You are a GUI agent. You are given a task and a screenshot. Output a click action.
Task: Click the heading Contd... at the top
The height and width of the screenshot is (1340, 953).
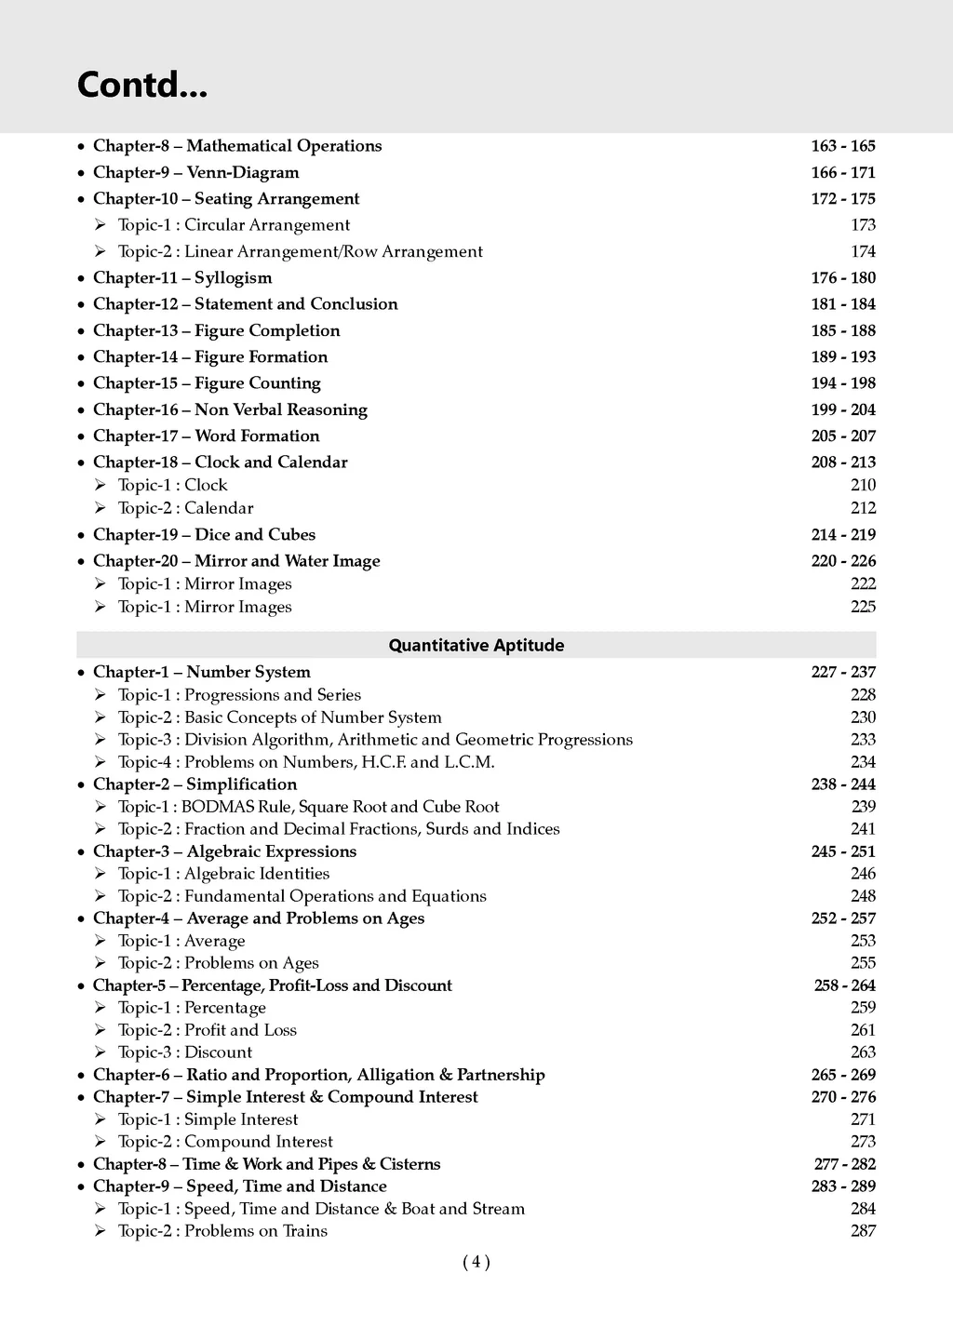142,86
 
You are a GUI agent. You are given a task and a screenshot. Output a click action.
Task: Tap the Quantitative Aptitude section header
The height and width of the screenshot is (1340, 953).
476,645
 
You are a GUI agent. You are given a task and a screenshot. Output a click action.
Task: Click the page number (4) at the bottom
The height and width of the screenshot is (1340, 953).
476,1262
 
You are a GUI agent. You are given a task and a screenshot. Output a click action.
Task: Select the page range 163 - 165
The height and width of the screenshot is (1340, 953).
842,146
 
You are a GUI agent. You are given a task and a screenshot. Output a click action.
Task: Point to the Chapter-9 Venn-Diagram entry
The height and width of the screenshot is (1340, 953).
196,172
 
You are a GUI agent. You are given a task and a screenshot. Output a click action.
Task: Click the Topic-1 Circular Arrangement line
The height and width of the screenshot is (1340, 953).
234,225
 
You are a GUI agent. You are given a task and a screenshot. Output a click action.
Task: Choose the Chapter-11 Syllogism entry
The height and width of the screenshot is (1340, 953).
182,277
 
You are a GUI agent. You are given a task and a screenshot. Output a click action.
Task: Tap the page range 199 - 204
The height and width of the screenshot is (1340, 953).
842,409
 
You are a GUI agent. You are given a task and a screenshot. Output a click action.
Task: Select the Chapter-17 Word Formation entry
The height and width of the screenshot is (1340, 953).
206,435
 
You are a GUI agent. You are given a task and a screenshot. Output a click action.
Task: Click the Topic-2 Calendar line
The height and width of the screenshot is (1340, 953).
185,508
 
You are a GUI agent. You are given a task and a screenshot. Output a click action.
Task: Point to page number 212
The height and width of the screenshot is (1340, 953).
863,508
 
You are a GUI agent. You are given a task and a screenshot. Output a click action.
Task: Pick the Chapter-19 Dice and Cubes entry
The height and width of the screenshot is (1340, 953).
204,534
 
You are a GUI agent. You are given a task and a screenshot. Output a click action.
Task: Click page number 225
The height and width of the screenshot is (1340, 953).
863,607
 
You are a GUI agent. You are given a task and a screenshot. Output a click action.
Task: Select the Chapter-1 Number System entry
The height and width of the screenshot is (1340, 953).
202,672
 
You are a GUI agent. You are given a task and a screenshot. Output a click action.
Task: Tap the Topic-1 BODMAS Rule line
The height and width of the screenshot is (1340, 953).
308,807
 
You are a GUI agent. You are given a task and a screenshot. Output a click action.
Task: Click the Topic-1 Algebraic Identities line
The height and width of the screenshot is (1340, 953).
223,874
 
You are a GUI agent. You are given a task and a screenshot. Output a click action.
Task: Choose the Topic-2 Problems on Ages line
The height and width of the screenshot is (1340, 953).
218,963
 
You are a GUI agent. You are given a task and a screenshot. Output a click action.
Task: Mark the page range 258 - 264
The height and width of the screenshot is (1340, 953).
844,985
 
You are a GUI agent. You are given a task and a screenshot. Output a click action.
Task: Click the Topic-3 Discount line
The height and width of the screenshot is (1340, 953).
185,1052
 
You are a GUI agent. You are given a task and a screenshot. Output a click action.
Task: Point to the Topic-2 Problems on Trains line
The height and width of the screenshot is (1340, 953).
222,1231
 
